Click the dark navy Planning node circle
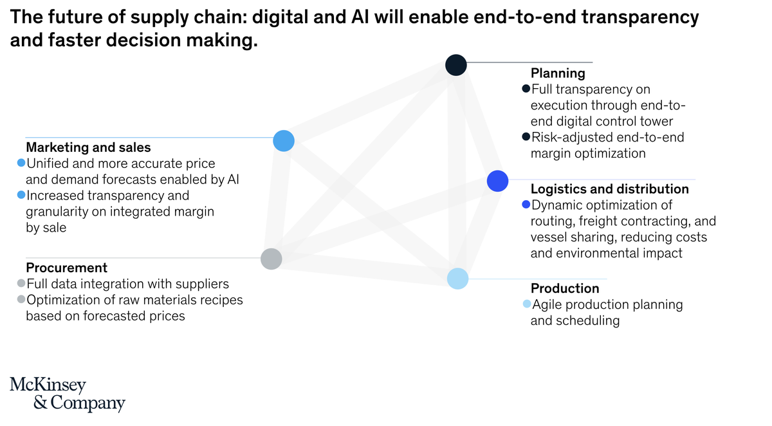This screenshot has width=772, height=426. point(455,64)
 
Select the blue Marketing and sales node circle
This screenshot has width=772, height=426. point(284,140)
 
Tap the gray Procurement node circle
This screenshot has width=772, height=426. point(271,259)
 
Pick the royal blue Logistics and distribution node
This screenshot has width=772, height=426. point(498,181)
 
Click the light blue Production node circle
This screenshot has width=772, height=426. point(457,279)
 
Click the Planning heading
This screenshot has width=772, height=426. point(557,73)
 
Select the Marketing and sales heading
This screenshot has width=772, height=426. point(88,148)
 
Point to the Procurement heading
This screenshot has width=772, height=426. point(66,268)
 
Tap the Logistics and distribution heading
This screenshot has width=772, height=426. point(609,189)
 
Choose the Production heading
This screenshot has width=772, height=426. point(564,288)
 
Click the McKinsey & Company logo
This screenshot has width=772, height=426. point(67,394)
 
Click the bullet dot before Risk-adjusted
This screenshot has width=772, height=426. point(526,137)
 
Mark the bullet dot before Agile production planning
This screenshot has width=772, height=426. point(527,304)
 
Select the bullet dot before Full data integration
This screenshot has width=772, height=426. point(21,284)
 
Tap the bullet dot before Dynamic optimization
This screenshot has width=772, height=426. point(526,205)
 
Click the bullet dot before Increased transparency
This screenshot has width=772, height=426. point(21,195)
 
